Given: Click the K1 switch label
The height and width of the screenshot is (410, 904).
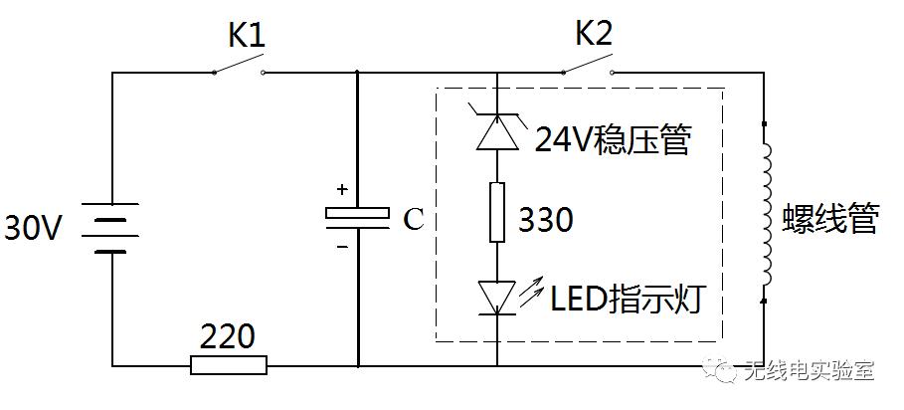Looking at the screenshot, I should coord(246,36).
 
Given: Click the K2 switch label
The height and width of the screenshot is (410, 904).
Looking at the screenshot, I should coord(594,36).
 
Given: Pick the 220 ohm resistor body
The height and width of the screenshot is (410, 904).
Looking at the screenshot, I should coord(229,365).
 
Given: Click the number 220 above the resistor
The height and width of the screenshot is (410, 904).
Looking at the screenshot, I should coord(227,334).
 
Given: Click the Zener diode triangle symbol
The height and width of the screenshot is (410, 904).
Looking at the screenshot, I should coord(497,132).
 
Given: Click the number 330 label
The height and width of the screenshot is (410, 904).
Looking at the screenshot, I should coord(546,220).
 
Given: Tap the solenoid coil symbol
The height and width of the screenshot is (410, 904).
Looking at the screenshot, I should coord(767,211).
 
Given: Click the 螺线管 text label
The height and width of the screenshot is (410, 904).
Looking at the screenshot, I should coord(831,220).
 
